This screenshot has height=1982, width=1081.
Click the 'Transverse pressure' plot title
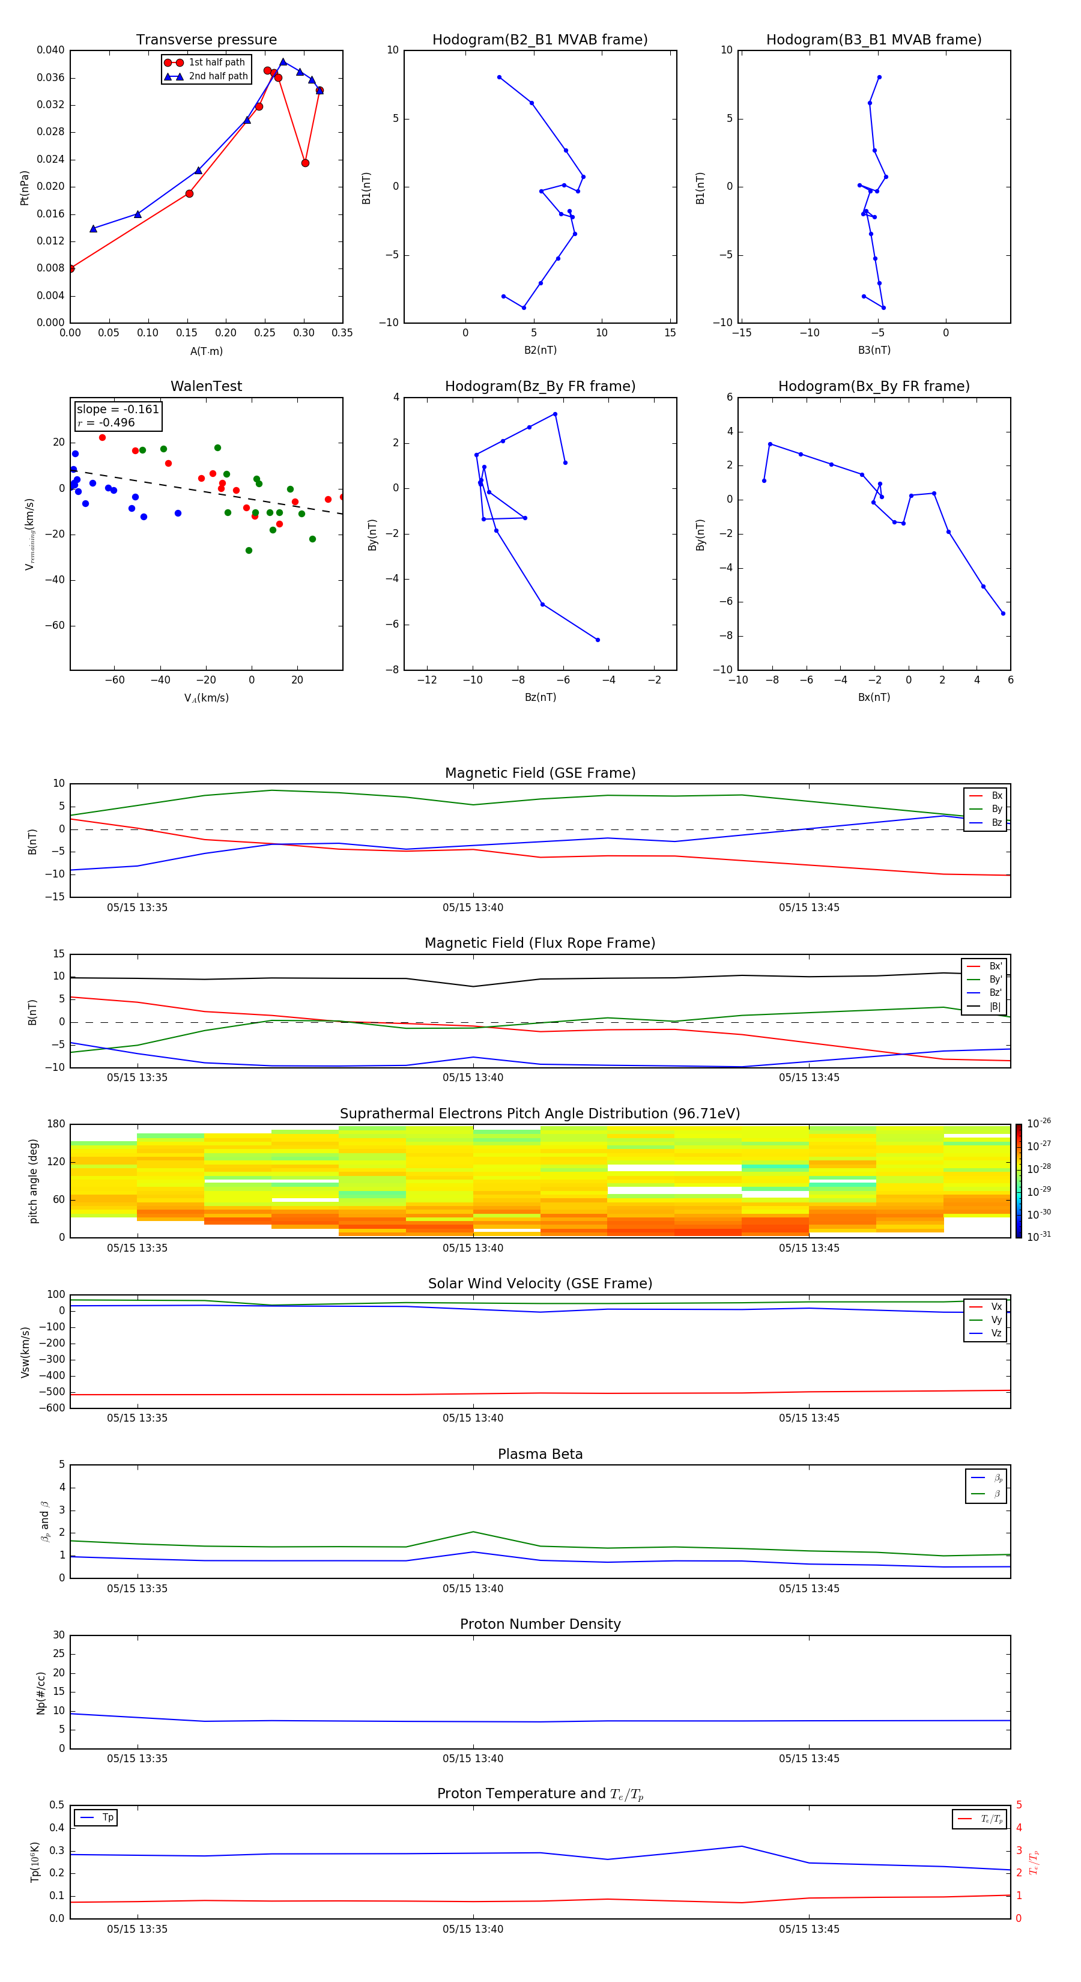[206, 40]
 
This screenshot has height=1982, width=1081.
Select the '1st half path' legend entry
[216, 62]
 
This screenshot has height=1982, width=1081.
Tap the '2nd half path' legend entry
[218, 76]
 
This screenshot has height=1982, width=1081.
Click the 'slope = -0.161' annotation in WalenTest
[118, 410]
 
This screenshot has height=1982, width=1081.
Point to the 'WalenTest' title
[206, 386]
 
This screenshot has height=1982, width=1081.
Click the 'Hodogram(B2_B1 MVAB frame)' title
[539, 40]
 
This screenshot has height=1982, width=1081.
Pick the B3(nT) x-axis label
[874, 350]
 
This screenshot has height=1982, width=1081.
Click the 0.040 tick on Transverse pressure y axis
[51, 51]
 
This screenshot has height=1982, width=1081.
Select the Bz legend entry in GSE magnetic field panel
[996, 822]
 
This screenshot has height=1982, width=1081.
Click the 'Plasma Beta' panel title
[539, 1454]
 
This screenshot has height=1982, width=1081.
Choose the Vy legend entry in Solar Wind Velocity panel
[996, 1320]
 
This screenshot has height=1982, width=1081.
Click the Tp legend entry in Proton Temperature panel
[107, 1817]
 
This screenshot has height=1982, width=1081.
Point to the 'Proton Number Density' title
[539, 1624]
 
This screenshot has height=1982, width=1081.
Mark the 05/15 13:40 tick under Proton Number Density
[473, 1758]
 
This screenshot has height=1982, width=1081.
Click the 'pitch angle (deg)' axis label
[34, 1180]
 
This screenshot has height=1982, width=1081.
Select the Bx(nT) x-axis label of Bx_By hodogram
[874, 697]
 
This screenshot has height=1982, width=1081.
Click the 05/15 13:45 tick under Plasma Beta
[808, 1588]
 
